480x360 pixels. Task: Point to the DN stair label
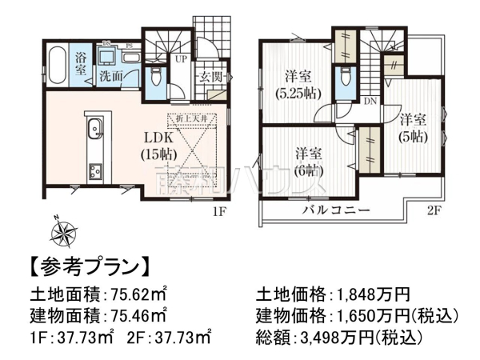point(370,102)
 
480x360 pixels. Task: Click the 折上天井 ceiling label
point(191,118)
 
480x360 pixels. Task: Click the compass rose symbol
point(62,233)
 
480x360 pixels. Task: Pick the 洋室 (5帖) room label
point(413,128)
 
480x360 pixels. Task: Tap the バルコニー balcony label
point(335,210)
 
